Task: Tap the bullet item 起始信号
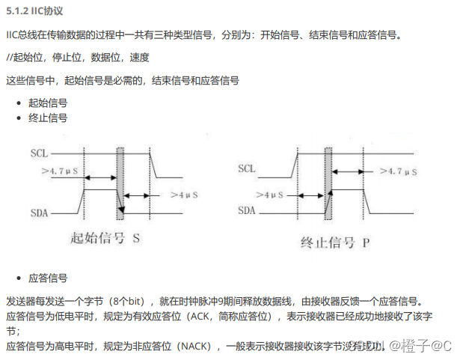coord(48,103)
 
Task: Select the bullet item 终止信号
coord(48,118)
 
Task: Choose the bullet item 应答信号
coord(48,278)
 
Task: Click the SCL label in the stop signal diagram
coord(246,168)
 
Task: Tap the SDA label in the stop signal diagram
coord(248,210)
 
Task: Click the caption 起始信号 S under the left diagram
coord(105,239)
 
